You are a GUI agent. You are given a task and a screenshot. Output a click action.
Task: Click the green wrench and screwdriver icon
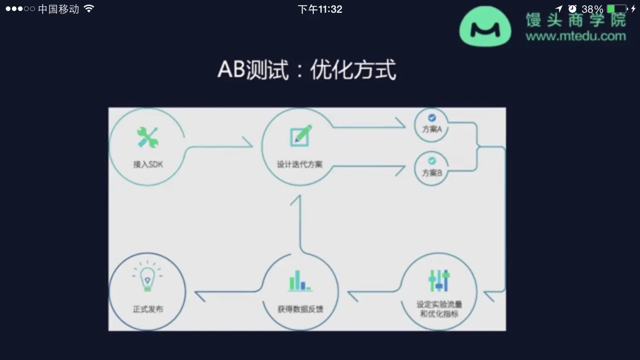point(148,137)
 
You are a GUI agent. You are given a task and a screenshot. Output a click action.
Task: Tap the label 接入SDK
point(148,164)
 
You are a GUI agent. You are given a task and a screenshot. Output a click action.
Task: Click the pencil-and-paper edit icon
point(301,136)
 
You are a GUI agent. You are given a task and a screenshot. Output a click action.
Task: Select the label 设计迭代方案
point(300,164)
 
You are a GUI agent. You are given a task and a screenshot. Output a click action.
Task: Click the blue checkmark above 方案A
point(432,118)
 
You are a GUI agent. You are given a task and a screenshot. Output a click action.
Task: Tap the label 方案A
point(432,129)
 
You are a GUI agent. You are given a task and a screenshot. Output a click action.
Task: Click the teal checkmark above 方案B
point(432,161)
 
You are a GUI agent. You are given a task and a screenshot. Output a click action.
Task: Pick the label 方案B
point(432,173)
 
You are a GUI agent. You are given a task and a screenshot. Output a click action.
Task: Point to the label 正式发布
point(148,309)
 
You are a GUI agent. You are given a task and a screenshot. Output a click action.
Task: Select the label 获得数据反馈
point(300,309)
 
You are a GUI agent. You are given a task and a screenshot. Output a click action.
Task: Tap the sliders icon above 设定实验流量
point(439,280)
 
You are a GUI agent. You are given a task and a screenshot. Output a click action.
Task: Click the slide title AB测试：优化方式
point(307,70)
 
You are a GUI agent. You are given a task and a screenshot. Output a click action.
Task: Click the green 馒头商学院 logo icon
point(485,27)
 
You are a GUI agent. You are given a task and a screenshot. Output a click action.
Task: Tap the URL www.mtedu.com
point(576,36)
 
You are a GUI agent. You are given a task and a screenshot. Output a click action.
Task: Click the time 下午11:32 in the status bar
point(320,9)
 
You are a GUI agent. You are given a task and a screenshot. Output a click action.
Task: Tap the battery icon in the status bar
point(617,9)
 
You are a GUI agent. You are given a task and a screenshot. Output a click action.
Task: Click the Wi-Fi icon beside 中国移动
point(89,9)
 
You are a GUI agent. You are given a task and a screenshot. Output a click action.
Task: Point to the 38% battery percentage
point(592,9)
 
